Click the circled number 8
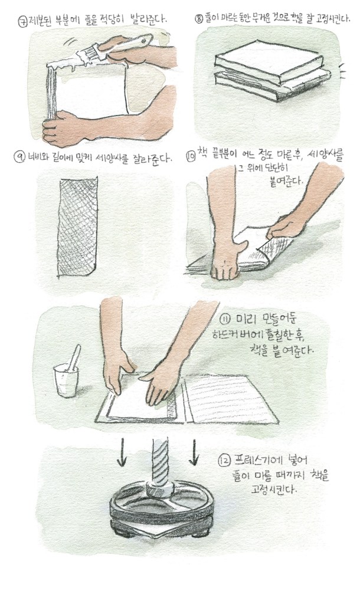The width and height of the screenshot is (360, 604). [199, 19]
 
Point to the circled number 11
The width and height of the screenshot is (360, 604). [225, 319]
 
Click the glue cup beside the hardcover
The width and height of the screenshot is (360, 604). [66, 380]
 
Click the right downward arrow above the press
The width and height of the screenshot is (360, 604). [194, 451]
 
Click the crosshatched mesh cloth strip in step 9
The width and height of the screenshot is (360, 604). [78, 227]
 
